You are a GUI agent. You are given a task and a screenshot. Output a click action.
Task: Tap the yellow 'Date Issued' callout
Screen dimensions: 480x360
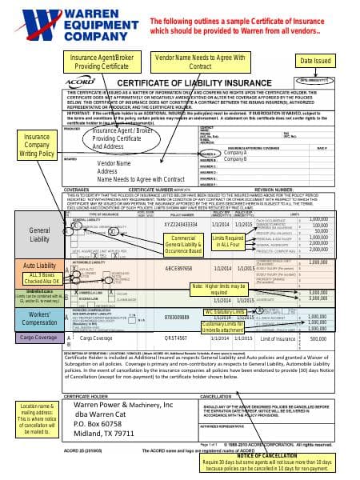pyautogui.click(x=317, y=61)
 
